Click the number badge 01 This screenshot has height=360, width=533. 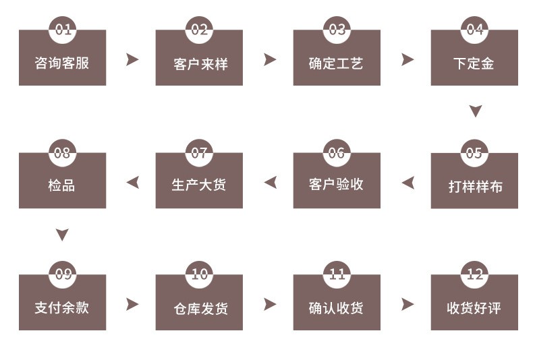click(x=63, y=30)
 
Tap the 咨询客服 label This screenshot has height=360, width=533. click(x=62, y=63)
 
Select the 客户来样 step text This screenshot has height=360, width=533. click(x=200, y=64)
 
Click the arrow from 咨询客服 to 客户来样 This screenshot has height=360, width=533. click(x=132, y=59)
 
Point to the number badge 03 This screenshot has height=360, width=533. click(x=337, y=30)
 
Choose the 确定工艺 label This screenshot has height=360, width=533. click(x=336, y=63)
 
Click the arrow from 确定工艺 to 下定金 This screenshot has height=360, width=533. click(x=408, y=59)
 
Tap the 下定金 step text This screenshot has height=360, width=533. click(x=474, y=63)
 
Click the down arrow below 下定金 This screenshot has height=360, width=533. click(x=476, y=111)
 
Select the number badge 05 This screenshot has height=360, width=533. click(x=474, y=153)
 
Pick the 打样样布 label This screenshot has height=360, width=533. click(x=475, y=187)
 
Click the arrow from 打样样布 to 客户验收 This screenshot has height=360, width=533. click(x=408, y=183)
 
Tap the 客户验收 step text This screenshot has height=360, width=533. click(x=336, y=185)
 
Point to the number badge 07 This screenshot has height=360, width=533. click(x=199, y=153)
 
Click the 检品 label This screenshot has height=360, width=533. click(x=61, y=185)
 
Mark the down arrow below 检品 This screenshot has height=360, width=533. click(x=62, y=235)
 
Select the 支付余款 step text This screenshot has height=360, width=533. click(x=62, y=307)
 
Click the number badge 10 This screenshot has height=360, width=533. click(x=199, y=274)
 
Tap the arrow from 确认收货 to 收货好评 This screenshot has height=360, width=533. click(x=408, y=304)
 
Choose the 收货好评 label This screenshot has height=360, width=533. click(x=474, y=308)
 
